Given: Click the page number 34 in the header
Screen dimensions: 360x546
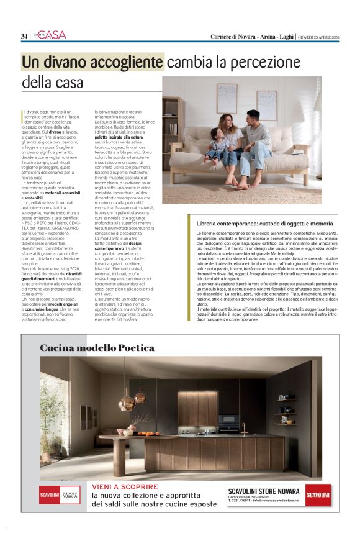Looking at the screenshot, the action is point(24,36).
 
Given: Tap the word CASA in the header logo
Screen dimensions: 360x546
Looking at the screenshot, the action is point(56,35).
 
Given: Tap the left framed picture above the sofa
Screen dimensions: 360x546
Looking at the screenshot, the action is point(228,98).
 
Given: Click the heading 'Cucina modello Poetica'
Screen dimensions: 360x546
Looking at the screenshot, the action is point(88,348).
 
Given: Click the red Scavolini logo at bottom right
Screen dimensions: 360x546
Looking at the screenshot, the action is point(318,495).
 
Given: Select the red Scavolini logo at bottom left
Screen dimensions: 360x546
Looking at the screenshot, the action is point(50,496).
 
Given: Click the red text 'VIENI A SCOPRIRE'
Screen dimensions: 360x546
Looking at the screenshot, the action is point(125,487).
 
